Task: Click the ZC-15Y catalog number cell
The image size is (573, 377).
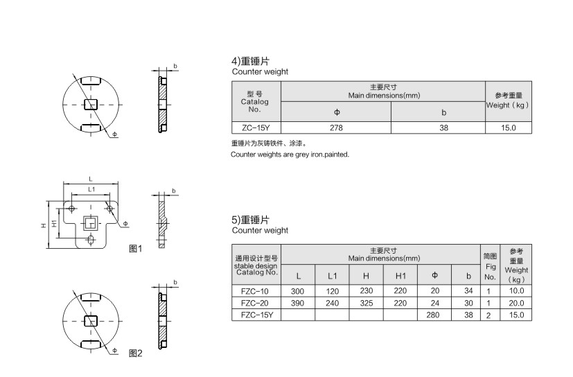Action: click(256, 128)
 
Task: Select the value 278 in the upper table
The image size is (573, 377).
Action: click(336, 128)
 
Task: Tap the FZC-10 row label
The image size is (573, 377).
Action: click(255, 291)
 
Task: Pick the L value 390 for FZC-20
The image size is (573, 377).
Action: click(297, 303)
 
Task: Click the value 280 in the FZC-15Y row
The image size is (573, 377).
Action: click(433, 315)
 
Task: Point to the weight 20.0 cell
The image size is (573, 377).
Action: click(516, 303)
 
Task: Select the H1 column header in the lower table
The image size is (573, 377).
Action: click(400, 276)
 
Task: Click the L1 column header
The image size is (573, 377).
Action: click(332, 276)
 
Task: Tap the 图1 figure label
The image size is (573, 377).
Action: click(136, 249)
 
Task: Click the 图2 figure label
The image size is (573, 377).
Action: click(136, 353)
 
